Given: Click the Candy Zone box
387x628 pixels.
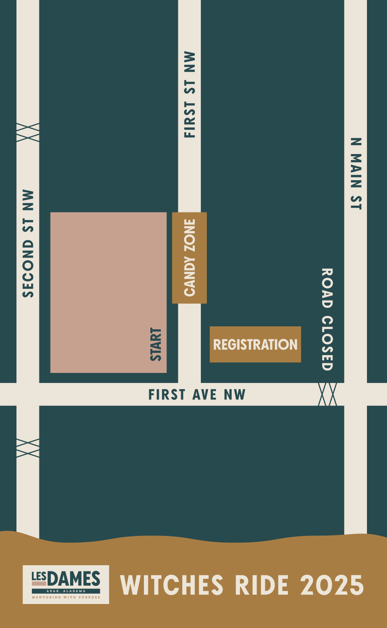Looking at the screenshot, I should point(189,258).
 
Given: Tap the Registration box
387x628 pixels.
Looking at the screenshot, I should point(255,344).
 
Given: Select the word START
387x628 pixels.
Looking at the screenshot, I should point(156,344).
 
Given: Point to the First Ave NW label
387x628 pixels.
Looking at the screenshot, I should point(197,394).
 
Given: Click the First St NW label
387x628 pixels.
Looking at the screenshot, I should point(190,95).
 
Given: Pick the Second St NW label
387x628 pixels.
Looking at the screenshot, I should point(28,244).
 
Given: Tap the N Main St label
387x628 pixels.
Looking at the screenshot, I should point(356,174).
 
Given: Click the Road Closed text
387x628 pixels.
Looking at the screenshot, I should point(327,319).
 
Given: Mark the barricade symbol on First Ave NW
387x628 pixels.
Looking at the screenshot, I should point(328,394).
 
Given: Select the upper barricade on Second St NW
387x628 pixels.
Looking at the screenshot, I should point(28,133).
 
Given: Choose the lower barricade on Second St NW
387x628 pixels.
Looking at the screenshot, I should point(28,448).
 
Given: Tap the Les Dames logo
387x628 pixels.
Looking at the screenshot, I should point(66,584).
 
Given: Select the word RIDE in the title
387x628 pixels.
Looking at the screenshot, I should point(262,585).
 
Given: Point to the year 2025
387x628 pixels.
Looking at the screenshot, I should point(332,585).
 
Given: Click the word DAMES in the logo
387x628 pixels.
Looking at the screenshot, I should point(74,579).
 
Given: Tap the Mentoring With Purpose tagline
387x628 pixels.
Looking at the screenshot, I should point(66,597).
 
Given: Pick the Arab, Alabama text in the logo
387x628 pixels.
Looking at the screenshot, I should point(66,591).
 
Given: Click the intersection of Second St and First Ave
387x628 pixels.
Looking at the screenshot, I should point(28,394).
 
